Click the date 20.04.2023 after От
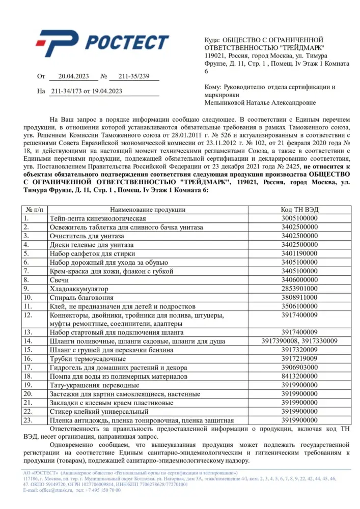point(74,77)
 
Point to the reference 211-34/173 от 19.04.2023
point(86,92)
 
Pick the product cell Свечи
point(59,280)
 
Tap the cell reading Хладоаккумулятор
point(74,289)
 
